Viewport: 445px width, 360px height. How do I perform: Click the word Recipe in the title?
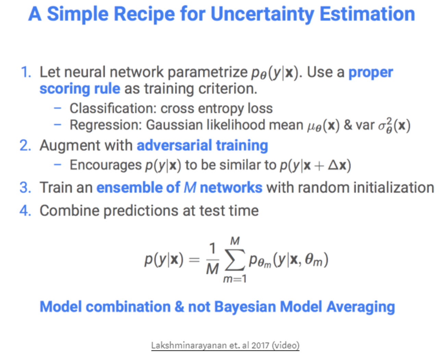point(143,14)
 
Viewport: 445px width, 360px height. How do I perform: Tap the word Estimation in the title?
point(367,14)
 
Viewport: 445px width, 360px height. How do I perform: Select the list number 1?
point(26,72)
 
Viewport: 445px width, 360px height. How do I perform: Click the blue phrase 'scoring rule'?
point(80,89)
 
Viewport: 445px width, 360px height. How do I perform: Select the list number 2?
point(25,145)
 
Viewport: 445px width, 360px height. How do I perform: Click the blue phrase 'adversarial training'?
point(202,145)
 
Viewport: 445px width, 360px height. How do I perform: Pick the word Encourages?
point(105,165)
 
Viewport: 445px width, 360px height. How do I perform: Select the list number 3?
point(25,188)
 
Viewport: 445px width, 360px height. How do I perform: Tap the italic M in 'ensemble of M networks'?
point(190,188)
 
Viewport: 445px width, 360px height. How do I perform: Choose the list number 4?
point(25,210)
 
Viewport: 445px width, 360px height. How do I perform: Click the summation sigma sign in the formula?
point(235,260)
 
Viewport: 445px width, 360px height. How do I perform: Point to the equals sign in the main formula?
point(194,260)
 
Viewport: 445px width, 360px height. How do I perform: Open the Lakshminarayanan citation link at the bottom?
point(225,345)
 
